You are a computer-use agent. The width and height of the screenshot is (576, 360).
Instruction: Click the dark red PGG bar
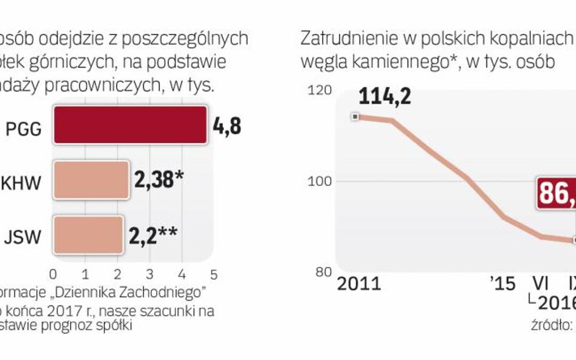(x=130, y=125)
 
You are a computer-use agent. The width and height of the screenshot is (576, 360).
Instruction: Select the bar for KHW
(x=91, y=180)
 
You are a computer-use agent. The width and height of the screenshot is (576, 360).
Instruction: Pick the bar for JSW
(x=88, y=233)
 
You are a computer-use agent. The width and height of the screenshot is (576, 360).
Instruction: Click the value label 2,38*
(x=158, y=180)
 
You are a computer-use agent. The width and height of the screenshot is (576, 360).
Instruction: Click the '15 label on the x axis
(x=502, y=284)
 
